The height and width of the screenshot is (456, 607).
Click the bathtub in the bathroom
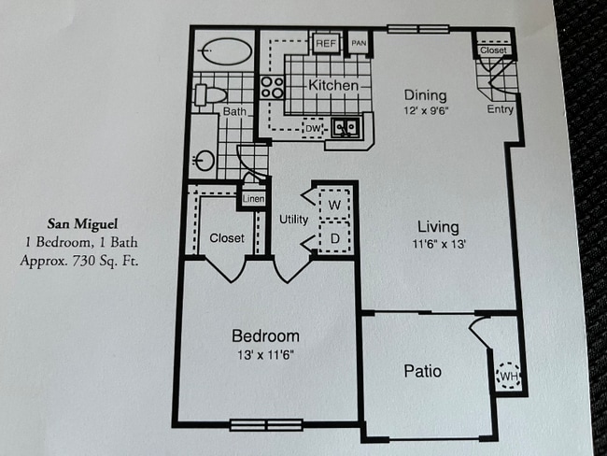(223, 49)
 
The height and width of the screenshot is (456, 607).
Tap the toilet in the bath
(210, 94)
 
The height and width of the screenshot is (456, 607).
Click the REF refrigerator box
(326, 43)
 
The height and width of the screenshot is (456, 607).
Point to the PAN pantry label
(358, 43)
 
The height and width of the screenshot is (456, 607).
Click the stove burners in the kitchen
(272, 88)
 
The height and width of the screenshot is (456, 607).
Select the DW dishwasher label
(315, 128)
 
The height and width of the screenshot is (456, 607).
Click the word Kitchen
(333, 86)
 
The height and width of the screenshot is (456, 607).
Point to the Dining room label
(425, 95)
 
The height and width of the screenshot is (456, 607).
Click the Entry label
(501, 109)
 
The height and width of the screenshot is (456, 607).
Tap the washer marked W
(333, 203)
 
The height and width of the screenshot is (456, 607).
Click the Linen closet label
(253, 199)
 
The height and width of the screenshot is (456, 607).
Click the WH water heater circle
(508, 376)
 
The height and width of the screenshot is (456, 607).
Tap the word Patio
(422, 371)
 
